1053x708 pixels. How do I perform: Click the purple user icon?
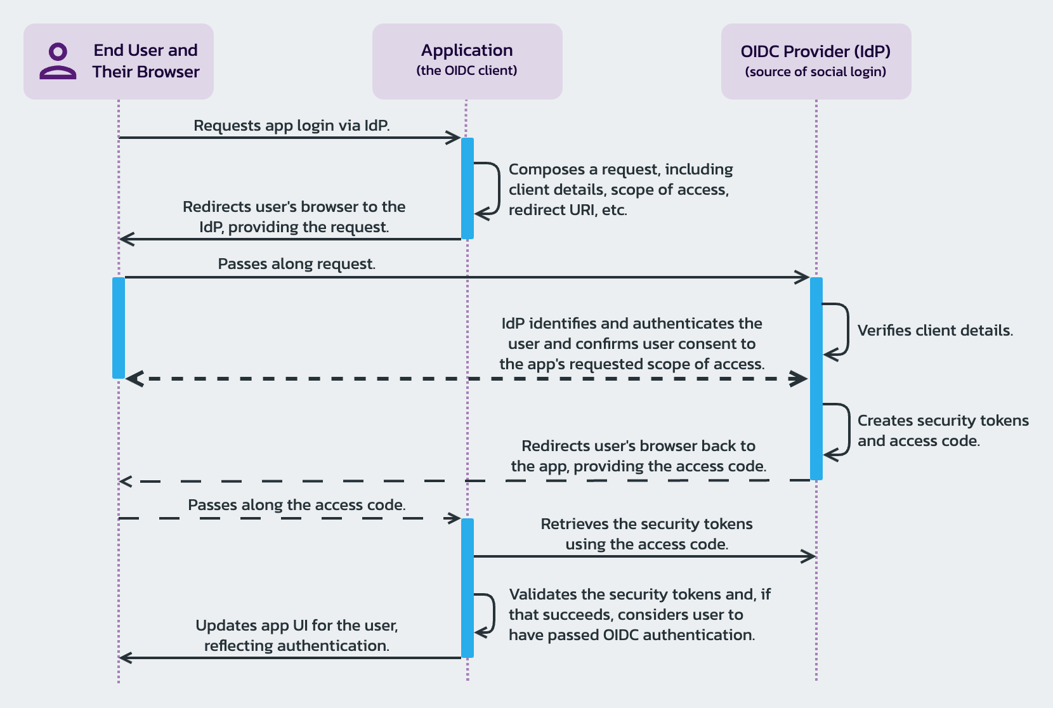(x=58, y=61)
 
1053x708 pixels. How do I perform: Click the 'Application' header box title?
(x=467, y=50)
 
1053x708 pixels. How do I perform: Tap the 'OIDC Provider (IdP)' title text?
(x=815, y=51)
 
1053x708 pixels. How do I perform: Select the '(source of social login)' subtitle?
(x=815, y=72)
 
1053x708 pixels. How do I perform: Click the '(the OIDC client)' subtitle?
(x=467, y=70)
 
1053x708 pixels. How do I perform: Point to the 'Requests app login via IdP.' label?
(x=291, y=126)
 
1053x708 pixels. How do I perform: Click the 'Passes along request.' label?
(x=296, y=264)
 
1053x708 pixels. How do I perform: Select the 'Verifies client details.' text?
(x=934, y=331)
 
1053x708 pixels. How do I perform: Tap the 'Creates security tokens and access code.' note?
(x=943, y=431)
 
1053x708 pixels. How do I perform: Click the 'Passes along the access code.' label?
(x=296, y=505)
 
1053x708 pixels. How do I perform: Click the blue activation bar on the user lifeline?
(x=119, y=327)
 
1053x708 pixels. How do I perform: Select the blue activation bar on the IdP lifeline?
(x=816, y=378)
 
